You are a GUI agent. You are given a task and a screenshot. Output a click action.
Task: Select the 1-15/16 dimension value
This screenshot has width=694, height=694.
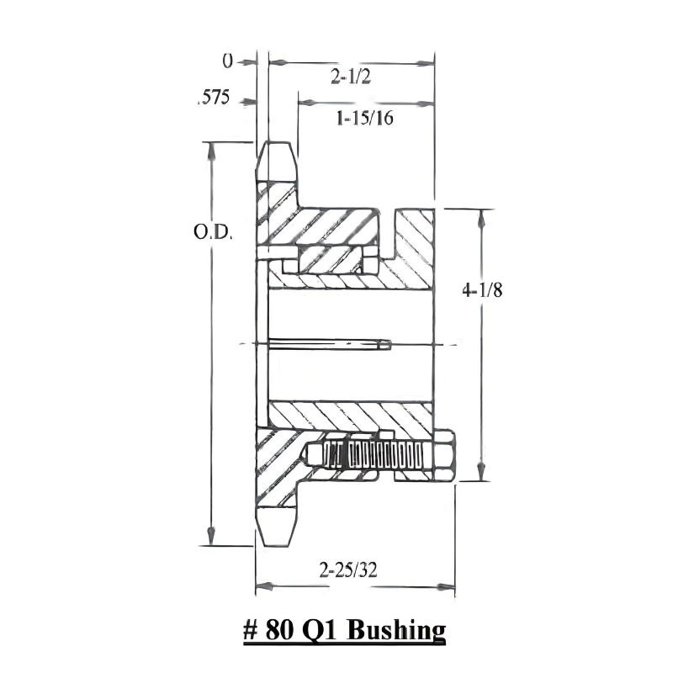[364, 119]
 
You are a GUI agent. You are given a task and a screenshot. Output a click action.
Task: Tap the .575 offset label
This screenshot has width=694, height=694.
[213, 98]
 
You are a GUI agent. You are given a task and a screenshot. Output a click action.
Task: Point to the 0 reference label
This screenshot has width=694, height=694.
[226, 61]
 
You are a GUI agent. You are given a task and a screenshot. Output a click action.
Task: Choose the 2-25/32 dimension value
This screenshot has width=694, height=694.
[348, 570]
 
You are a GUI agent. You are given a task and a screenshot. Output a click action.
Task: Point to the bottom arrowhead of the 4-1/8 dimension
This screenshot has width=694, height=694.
[481, 475]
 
